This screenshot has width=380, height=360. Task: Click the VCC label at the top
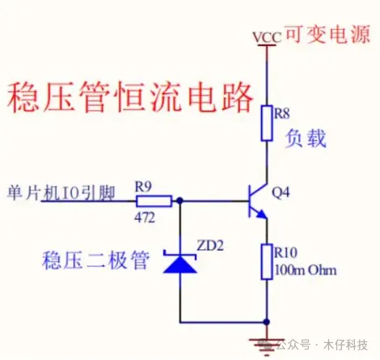coord(267,37)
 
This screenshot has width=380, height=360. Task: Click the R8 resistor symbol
coord(267,123)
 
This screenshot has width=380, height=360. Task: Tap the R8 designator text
coord(281,113)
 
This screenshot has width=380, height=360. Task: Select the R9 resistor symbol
coord(154,201)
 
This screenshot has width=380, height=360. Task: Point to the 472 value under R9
coord(145,218)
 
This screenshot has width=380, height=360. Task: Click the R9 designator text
coord(143,186)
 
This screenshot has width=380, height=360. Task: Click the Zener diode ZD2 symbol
coord(179,262)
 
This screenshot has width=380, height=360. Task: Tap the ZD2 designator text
coord(210,245)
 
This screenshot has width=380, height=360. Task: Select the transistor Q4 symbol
coord(258,201)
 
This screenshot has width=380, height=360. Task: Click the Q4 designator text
coord(281,193)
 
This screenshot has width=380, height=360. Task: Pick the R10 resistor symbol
coord(267,261)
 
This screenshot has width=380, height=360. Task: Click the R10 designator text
coord(285,252)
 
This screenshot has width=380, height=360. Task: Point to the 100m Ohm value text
coord(306,270)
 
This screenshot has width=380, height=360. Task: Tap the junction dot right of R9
coord(179,201)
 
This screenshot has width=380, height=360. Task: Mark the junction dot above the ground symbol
coord(267,322)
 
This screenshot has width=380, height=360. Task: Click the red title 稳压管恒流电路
coord(131,97)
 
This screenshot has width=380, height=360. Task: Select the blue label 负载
coord(306,138)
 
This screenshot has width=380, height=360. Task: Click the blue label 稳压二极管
coord(95,260)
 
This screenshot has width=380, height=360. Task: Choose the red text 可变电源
coord(327,34)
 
